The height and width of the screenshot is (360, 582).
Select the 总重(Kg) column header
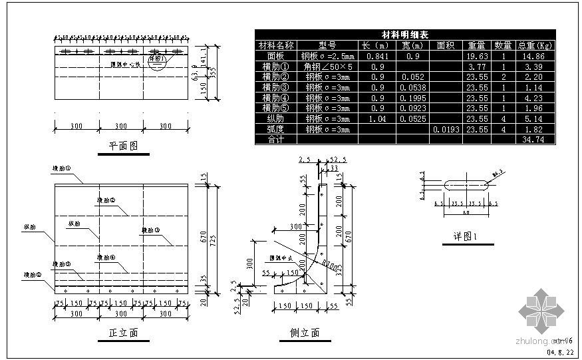tap(535, 45)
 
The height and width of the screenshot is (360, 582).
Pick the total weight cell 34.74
tap(534, 140)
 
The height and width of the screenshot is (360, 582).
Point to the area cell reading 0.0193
tap(446, 130)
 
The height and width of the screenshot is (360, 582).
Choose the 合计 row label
tap(275, 140)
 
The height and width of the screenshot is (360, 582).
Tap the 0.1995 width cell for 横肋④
tap(414, 98)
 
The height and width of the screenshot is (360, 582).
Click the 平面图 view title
tap(123, 146)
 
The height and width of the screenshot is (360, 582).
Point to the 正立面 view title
tap(123, 333)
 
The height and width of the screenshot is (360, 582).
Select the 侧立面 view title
tap(305, 333)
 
